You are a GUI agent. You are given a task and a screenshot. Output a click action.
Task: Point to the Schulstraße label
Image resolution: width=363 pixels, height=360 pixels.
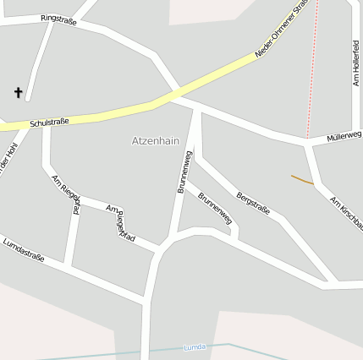[x=48, y=123]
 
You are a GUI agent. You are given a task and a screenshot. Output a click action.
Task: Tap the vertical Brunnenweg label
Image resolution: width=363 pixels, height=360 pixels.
[x=184, y=172]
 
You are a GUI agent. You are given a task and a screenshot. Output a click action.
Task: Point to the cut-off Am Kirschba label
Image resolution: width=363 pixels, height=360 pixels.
[x=346, y=213]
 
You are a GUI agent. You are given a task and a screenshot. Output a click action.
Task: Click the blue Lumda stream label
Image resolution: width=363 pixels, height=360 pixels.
[x=195, y=347]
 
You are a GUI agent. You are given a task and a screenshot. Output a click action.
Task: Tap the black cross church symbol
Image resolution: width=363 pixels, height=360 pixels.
[x=18, y=92]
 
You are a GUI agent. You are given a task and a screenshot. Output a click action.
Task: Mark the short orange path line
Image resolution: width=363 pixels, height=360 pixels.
[x=302, y=179]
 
